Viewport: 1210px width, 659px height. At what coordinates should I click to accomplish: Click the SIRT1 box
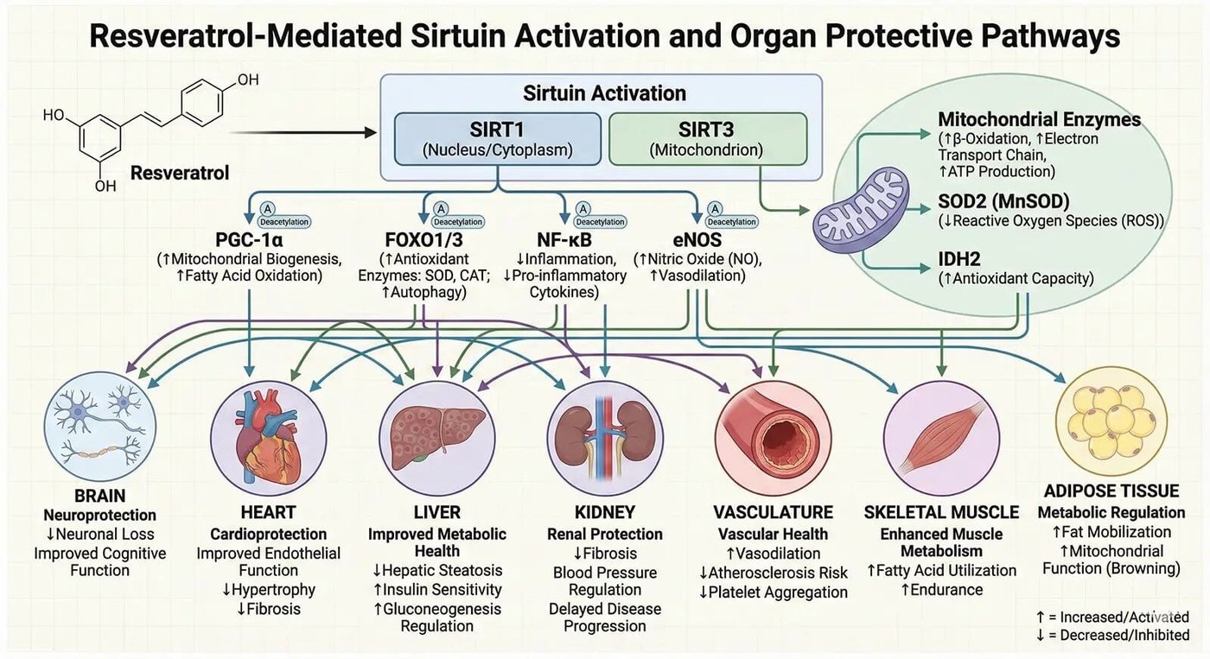coord(496,138)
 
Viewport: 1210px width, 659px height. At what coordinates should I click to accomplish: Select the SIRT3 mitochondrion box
coord(707,138)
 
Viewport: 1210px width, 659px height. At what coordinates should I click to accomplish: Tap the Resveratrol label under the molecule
coord(180,174)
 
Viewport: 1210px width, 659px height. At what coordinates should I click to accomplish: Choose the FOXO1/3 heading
coord(423,238)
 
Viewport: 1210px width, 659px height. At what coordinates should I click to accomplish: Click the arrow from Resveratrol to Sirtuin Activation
coord(302,133)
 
